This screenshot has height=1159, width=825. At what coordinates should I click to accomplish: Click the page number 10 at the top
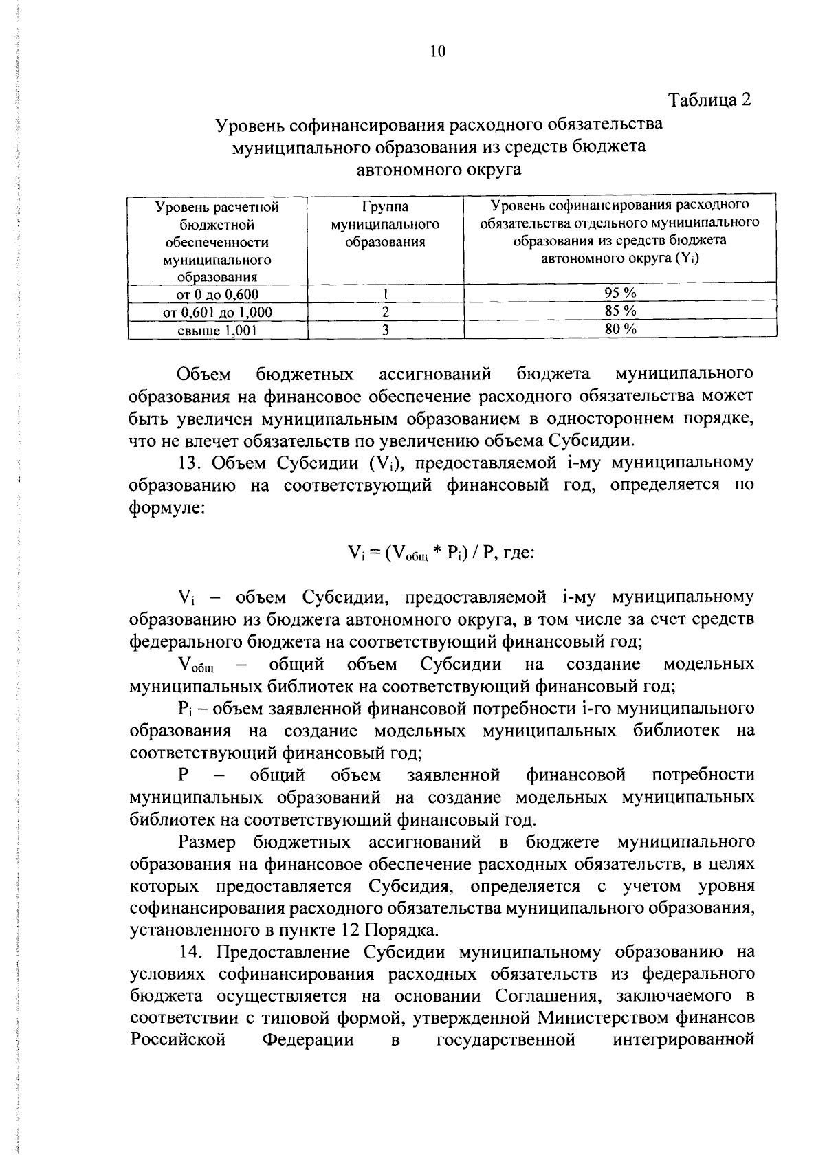438,51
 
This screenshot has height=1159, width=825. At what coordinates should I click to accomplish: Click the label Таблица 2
709,100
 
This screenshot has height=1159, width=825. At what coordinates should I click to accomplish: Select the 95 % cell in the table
620,294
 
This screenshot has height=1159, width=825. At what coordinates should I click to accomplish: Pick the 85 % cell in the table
620,311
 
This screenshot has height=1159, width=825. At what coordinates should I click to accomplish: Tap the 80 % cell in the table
620,329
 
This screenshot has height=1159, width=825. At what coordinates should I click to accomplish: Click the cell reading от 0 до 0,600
217,295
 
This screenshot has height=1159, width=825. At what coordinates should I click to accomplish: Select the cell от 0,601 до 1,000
217,313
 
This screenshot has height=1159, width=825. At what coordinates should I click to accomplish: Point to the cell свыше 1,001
217,331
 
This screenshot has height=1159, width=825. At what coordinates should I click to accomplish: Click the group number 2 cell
386,312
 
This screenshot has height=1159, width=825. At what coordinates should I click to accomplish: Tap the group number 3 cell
386,330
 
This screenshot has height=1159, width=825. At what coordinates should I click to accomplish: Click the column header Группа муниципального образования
385,224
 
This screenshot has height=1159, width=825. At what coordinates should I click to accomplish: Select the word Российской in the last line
178,1039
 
